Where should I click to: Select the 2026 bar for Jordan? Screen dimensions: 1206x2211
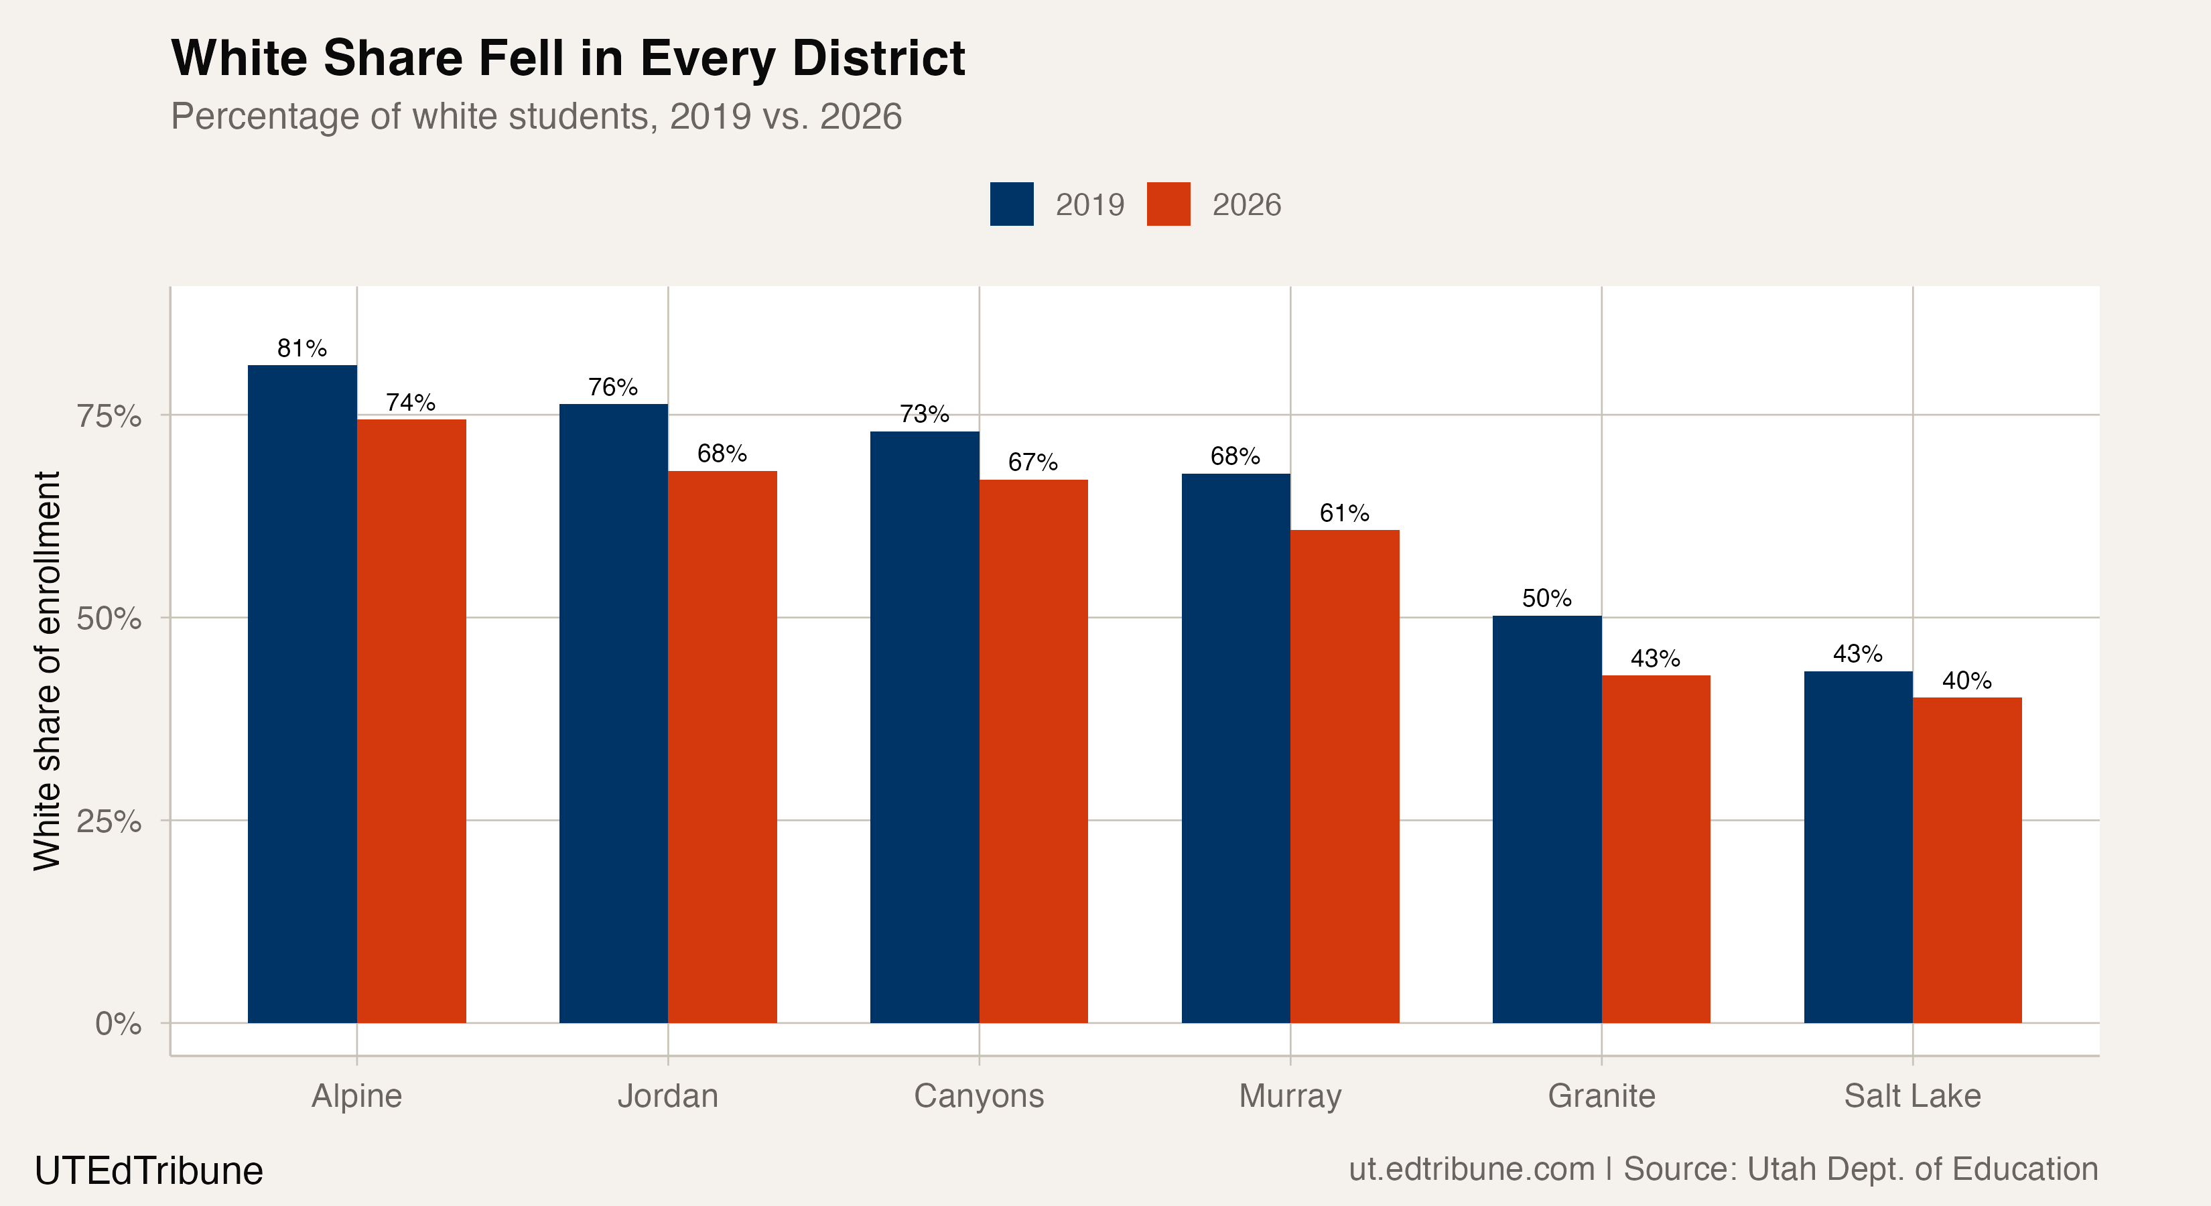click(722, 747)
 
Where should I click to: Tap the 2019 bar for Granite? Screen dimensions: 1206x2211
click(1546, 819)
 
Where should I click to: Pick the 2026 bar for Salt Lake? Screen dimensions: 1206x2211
click(1966, 860)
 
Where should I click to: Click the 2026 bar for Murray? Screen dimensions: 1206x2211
click(1344, 776)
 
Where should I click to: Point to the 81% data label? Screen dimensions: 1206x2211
click(302, 348)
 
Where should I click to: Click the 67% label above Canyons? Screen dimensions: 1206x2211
click(1032, 463)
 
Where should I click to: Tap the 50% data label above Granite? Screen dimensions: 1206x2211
click(1546, 598)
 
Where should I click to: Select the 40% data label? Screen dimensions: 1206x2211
click(1966, 681)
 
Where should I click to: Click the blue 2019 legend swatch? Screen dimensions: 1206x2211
click(1011, 204)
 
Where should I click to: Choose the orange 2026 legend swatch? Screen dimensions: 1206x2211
click(1168, 204)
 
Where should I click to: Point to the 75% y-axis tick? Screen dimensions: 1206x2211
click(109, 416)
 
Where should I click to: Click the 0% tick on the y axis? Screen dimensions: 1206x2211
click(118, 1023)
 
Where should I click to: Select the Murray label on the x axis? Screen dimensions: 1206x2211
click(1290, 1096)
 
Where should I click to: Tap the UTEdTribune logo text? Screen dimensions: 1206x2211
click(149, 1170)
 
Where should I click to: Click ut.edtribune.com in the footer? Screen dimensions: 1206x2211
click(1471, 1169)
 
